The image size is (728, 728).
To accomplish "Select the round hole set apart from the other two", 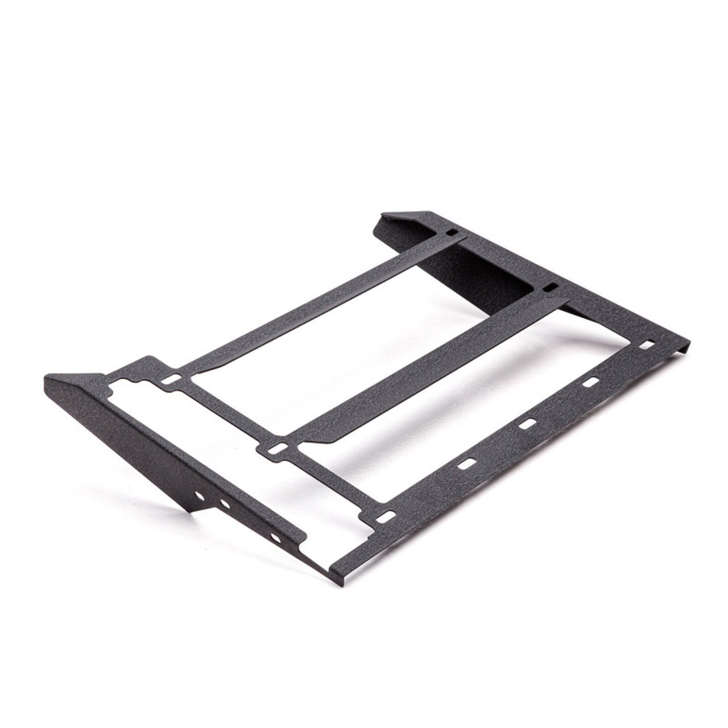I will point(275,537).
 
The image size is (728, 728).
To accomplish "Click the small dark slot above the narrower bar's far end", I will point(451,232).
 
